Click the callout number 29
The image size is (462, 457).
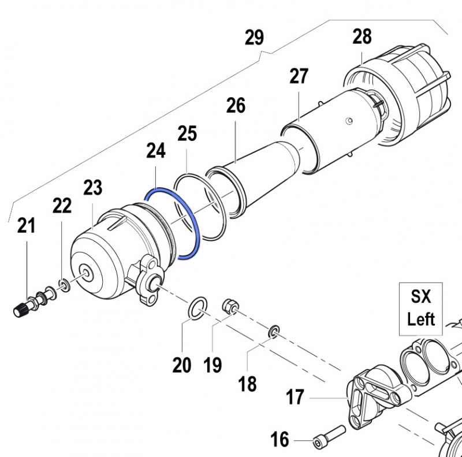pyautogui.click(x=254, y=38)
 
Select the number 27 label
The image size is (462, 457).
pyautogui.click(x=299, y=76)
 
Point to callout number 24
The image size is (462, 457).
pyautogui.click(x=156, y=151)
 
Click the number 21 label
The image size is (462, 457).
pyautogui.click(x=25, y=225)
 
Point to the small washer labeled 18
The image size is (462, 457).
pyautogui.click(x=274, y=331)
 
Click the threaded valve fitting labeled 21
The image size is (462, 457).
pyautogui.click(x=26, y=306)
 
